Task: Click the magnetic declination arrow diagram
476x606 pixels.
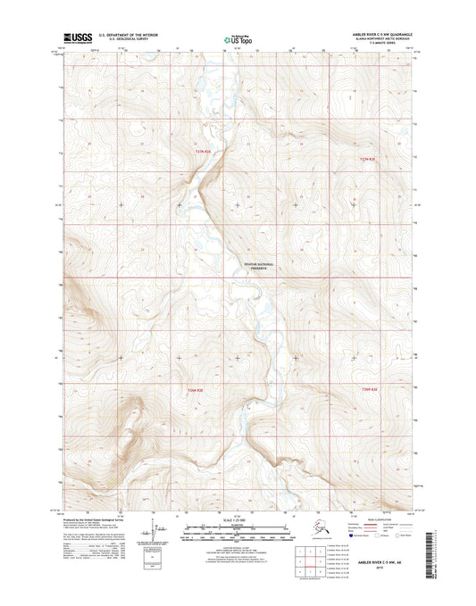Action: coord(162,531)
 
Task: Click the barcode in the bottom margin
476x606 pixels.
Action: coord(436,544)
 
